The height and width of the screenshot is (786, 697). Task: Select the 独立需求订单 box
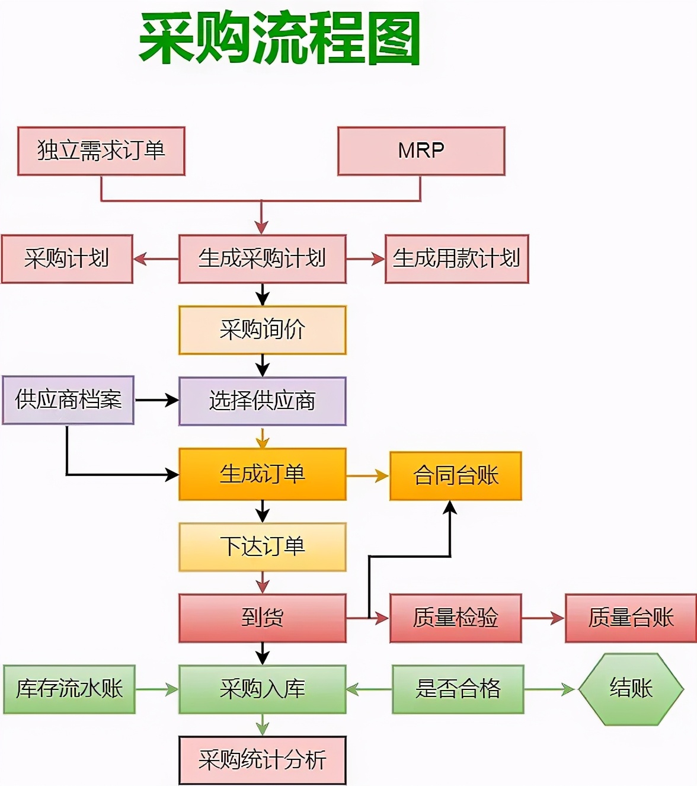pos(101,151)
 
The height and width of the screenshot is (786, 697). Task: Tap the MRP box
pos(421,151)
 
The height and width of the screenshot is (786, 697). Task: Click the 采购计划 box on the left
pos(67,259)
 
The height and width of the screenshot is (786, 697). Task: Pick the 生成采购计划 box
pos(262,259)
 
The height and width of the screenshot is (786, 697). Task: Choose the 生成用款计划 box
pos(456,259)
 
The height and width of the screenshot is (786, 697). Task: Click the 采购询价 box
pos(262,330)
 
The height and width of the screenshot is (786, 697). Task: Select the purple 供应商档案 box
pos(68,400)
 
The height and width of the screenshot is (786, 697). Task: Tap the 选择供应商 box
pos(262,401)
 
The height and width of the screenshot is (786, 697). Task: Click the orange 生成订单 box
pos(262,474)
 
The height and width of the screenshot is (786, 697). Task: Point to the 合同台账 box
pos(455,476)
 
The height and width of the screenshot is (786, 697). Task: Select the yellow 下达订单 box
pos(262,547)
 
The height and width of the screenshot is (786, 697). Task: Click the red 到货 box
pos(262,618)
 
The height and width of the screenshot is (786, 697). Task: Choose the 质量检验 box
pos(455,618)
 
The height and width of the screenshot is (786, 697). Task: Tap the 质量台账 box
pos(631,618)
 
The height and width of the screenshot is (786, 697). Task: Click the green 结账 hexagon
pos(631,689)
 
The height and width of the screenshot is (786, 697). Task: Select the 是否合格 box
pos(458,689)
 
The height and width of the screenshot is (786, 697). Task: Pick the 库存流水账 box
pos(69,689)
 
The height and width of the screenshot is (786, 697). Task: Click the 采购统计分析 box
pos(262,761)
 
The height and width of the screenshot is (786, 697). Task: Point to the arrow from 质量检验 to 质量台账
pos(543,618)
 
